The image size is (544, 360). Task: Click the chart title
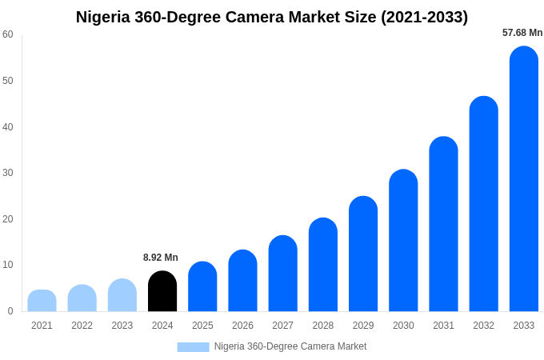(272, 17)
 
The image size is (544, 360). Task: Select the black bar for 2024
(162, 292)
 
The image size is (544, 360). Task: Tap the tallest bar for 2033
(523, 180)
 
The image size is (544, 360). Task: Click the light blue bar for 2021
(42, 301)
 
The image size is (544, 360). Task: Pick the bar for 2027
(282, 274)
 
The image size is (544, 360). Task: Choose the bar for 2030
(403, 242)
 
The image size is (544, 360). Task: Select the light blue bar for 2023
(122, 296)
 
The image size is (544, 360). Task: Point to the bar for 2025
(202, 287)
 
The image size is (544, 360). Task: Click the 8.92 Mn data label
(161, 258)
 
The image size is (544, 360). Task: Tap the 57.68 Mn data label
(522, 33)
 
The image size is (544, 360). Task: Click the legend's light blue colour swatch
(193, 347)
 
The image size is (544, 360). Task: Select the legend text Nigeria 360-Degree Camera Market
(290, 346)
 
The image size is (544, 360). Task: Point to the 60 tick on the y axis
(8, 34)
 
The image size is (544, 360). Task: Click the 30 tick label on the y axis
(8, 173)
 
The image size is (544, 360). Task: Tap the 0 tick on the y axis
(10, 311)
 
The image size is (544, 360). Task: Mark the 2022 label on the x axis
(82, 326)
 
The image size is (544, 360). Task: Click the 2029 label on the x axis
(362, 326)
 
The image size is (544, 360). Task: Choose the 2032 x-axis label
(483, 326)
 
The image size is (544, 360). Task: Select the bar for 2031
(443, 225)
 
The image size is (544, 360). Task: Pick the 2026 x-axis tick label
(242, 326)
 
